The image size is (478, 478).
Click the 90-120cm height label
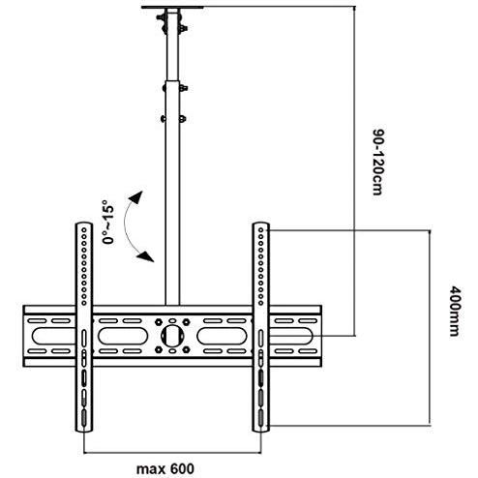click(378, 162)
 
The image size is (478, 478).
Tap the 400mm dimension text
click(455, 311)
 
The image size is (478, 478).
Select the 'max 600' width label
click(165, 468)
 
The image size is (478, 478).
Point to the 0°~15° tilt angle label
click(108, 222)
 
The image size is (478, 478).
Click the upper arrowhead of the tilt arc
click(137, 196)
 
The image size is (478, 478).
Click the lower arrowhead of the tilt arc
click(146, 256)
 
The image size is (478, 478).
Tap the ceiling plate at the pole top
click(172, 7)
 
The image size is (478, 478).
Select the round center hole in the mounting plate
click(172, 336)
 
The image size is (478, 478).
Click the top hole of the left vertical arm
click(84, 230)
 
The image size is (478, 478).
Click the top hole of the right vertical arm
click(261, 230)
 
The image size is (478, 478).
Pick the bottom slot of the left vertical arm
click(84, 419)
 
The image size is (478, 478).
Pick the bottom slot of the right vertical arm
click(260, 419)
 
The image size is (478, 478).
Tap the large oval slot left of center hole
click(123, 336)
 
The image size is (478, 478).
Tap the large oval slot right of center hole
click(223, 336)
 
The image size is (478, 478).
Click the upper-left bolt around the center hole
click(159, 321)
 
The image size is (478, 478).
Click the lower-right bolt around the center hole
click(186, 349)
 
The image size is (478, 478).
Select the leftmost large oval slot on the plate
click(54, 336)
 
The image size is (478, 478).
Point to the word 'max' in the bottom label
click(150, 469)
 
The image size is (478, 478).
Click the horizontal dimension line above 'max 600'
click(172, 453)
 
